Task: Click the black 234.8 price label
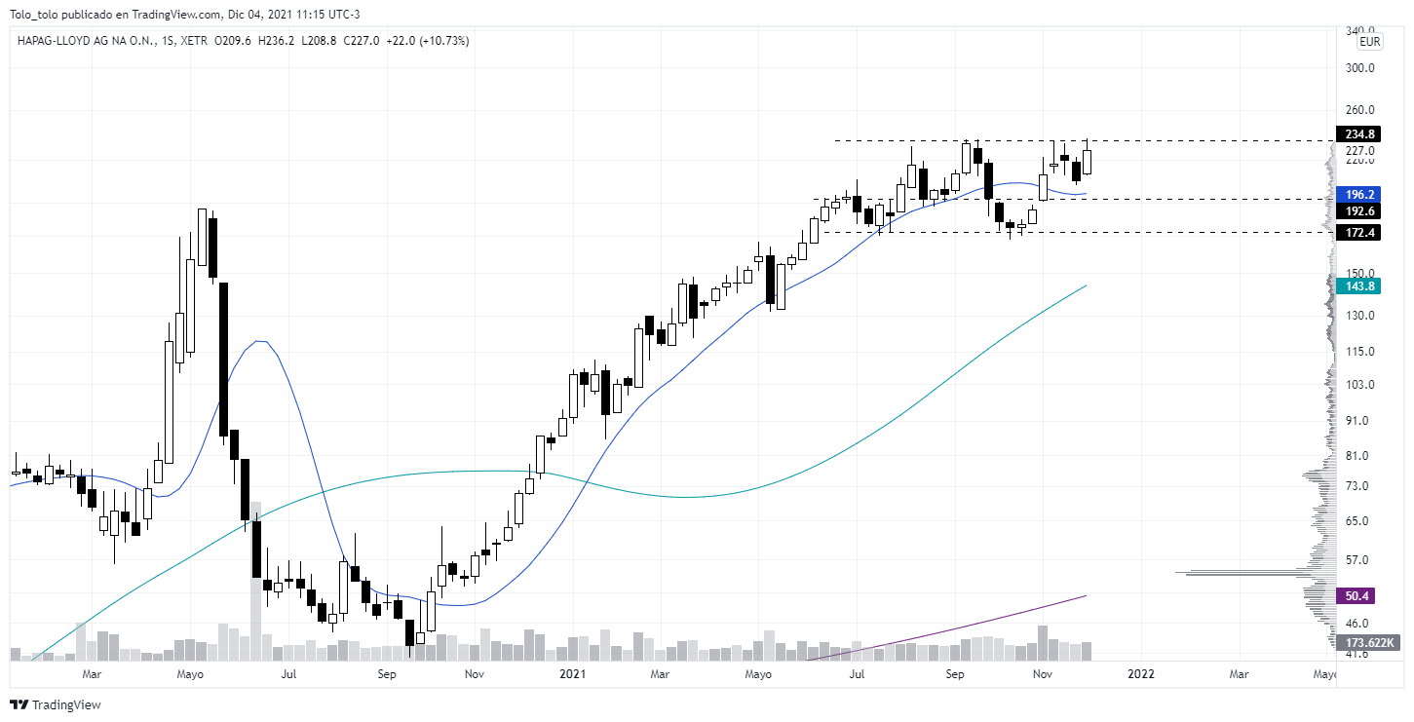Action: (1359, 134)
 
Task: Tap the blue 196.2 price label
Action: (1359, 194)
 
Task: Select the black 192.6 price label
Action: (1359, 210)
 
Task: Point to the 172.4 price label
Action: (1359, 233)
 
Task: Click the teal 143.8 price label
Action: (1359, 285)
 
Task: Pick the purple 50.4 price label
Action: (1357, 595)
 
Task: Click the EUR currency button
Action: (1370, 42)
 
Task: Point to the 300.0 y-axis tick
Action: (1359, 68)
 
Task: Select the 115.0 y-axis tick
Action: (1359, 352)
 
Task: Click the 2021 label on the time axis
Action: (572, 673)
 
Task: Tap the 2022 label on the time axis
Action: (1141, 673)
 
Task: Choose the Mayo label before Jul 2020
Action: (190, 673)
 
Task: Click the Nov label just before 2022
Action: (1042, 673)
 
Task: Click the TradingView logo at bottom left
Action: (56, 704)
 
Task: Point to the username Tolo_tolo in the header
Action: (36, 14)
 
